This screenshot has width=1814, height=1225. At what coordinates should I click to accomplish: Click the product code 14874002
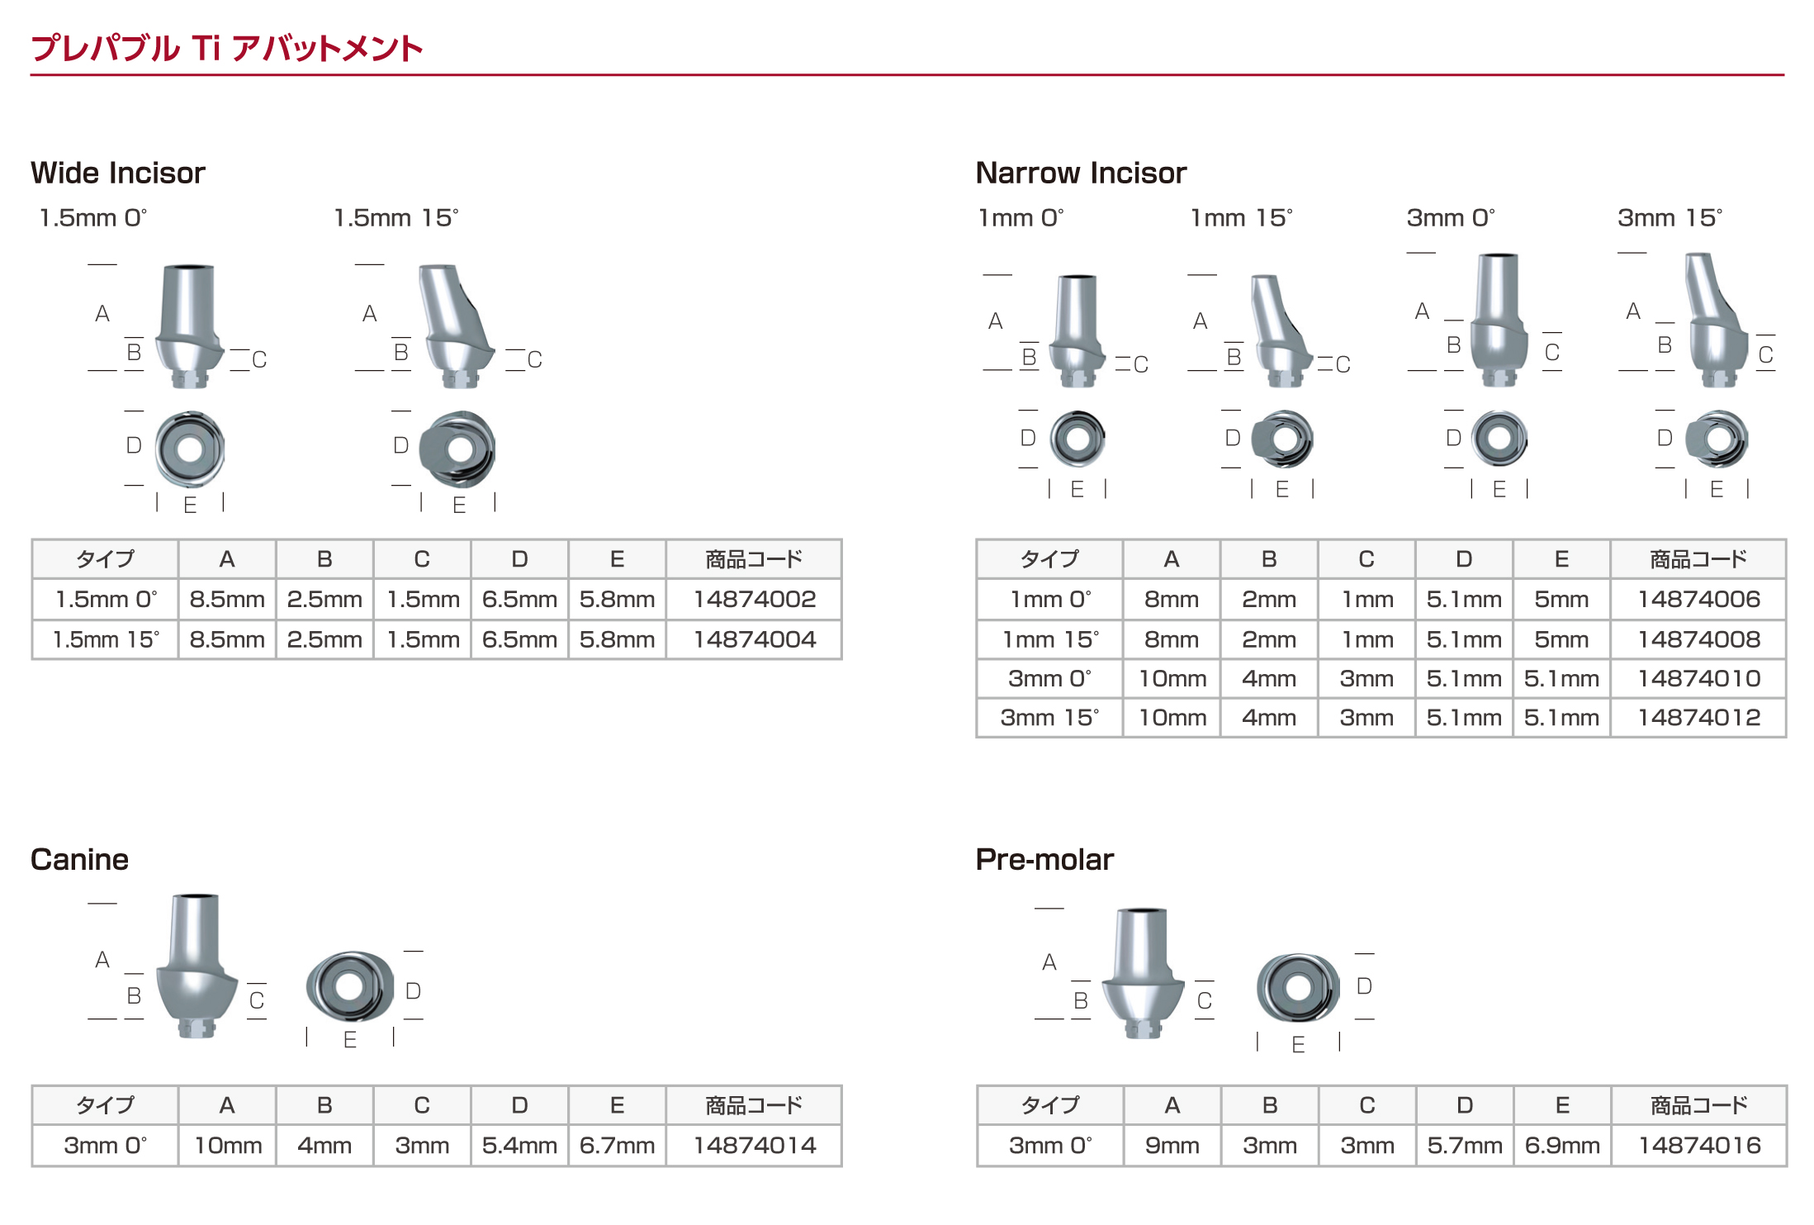[x=755, y=599]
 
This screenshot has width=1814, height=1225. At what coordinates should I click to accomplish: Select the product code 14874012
[x=1699, y=718]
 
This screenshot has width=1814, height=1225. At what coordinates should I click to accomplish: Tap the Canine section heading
[x=79, y=859]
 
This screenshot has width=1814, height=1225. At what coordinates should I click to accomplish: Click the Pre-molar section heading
[x=1044, y=859]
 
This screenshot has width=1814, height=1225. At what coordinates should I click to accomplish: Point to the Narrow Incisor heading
[x=1081, y=173]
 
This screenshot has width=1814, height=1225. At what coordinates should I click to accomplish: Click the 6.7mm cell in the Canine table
[x=617, y=1146]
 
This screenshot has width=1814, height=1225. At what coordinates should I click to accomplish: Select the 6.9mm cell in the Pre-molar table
[x=1562, y=1146]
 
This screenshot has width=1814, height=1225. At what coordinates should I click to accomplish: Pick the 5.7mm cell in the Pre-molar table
[x=1465, y=1146]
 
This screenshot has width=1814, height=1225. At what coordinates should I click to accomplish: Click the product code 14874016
[x=1699, y=1146]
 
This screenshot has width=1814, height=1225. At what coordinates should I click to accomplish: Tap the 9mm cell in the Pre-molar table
[x=1172, y=1146]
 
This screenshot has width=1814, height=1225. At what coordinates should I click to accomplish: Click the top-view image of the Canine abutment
[x=350, y=986]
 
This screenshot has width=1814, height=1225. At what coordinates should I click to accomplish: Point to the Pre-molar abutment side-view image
[x=1144, y=973]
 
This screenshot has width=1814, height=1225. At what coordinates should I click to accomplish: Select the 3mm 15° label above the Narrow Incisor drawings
[x=1670, y=218]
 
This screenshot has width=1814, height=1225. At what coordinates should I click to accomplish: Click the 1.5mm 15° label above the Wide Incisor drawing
[x=395, y=218]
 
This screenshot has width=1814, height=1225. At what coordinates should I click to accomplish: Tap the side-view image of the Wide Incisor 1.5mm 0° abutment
[x=189, y=326]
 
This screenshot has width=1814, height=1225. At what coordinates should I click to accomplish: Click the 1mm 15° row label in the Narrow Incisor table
[x=1050, y=639]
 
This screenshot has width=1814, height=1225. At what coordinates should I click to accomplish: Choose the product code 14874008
[x=1699, y=639]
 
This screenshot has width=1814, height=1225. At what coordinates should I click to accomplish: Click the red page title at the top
[x=226, y=48]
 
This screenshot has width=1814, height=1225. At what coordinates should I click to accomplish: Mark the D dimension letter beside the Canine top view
[x=414, y=991]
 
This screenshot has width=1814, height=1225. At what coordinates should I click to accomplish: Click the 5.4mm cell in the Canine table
[x=519, y=1146]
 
